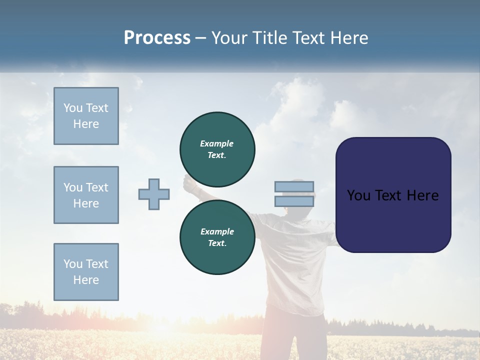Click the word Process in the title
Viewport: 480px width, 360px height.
(x=157, y=38)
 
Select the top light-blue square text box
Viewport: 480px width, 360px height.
(x=86, y=116)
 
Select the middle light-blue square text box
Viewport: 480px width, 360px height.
(x=86, y=195)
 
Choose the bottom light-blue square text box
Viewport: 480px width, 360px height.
(x=86, y=272)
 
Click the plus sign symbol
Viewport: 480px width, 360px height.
(x=154, y=194)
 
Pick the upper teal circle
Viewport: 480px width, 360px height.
(x=217, y=130)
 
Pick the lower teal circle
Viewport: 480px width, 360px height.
(x=217, y=255)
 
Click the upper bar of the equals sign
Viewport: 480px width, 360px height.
(x=294, y=187)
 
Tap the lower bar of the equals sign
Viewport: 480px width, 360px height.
(x=294, y=201)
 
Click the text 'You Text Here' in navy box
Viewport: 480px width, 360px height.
(x=392, y=195)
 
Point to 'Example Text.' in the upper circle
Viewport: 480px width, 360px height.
(x=217, y=149)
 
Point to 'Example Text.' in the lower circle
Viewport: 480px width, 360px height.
(x=217, y=237)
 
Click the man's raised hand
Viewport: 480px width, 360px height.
(x=189, y=183)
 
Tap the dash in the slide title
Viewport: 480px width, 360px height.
(x=201, y=38)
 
